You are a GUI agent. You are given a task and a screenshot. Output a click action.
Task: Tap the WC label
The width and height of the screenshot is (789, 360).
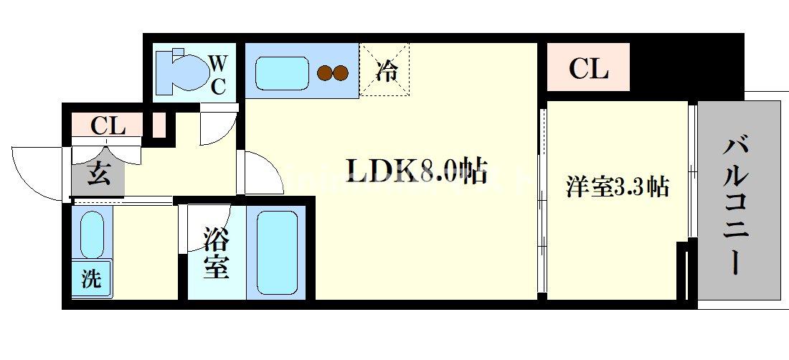218,75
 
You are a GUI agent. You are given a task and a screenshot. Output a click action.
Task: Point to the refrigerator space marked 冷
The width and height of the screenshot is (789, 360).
387,70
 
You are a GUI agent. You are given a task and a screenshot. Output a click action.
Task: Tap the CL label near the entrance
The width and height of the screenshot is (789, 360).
108,127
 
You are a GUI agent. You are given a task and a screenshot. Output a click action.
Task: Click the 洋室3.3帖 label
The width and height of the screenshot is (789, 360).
617,186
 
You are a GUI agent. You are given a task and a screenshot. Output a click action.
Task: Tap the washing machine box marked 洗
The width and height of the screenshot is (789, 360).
91,278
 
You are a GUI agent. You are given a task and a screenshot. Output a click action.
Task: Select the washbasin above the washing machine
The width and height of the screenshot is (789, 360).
91,233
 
